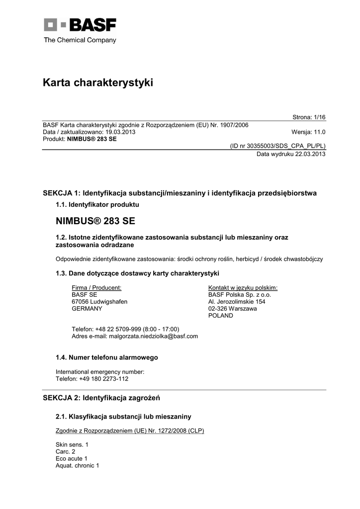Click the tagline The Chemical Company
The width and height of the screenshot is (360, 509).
(x=80, y=40)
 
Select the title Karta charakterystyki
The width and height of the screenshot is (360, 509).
(x=98, y=83)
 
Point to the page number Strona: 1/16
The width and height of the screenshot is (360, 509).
(x=308, y=117)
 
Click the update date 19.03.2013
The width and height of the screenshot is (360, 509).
(x=119, y=132)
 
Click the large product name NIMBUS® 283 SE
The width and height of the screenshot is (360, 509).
(x=95, y=220)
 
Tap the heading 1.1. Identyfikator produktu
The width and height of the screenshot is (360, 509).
(x=97, y=204)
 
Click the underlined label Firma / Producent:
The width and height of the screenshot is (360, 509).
(x=97, y=288)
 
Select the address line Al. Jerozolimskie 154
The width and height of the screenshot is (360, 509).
(x=237, y=302)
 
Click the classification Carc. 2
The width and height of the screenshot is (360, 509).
(x=65, y=452)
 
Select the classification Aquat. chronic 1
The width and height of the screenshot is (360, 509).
(x=78, y=466)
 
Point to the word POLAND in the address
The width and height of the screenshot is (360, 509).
(x=220, y=316)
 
